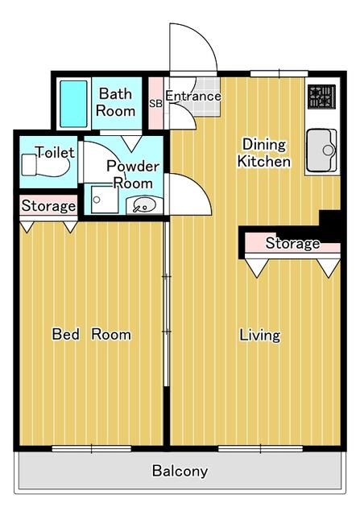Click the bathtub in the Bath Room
tap(73, 104)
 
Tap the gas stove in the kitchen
tap(321, 97)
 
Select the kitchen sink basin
tap(322, 150)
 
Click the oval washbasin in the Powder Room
tap(144, 205)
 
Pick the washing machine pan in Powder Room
tap(105, 200)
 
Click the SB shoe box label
tap(155, 104)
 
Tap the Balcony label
tap(180, 471)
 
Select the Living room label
tap(259, 336)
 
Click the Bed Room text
tap(91, 334)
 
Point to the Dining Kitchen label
tap(263, 153)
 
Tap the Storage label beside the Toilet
tap(48, 206)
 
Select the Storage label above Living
tap(292, 243)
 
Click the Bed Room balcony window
tap(92, 448)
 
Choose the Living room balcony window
tap(260, 448)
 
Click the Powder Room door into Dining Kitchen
tap(188, 194)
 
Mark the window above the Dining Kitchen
tap(279, 73)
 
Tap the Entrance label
tap(193, 96)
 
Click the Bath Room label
tap(115, 102)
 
